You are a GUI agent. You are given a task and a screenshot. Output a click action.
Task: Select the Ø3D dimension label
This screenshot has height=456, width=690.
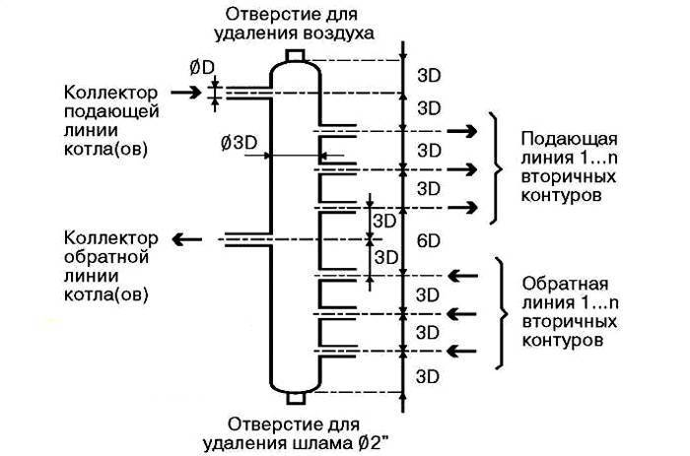(x=240, y=143)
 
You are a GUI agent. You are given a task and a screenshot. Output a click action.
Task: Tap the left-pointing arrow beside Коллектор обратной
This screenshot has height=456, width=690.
(x=184, y=239)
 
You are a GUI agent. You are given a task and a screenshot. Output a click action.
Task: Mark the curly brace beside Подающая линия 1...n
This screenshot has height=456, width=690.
(x=492, y=167)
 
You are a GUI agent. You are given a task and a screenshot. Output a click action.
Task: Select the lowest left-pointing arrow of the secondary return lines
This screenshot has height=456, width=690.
(x=461, y=350)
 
